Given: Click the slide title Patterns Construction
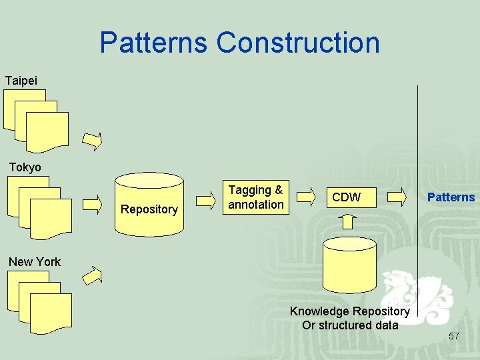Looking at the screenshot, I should coord(239,43).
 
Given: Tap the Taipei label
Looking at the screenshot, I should coord(21,81).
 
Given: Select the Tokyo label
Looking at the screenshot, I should coord(25,167).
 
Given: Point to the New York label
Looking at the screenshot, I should coord(34,262).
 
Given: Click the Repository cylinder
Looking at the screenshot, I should coord(149,204).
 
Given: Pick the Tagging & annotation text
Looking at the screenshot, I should coord(255,197).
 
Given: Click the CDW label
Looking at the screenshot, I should coord(346,197).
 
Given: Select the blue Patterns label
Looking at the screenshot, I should coord(451,197).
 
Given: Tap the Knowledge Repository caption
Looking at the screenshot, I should coord(349,318).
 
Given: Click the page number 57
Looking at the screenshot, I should coord(453,336).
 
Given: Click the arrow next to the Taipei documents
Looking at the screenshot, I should coord(92,141).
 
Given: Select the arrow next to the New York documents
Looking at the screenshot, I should coord(92,275).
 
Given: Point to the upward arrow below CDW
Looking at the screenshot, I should coord(349,222).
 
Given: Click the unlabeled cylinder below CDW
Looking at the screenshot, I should coord(349,269).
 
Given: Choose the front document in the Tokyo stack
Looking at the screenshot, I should coord(51,219).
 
